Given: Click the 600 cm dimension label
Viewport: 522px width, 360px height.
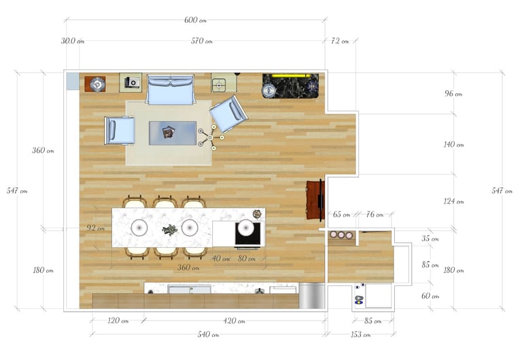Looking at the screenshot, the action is coord(196,20).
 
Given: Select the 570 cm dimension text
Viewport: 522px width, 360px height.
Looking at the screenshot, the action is coord(202,41).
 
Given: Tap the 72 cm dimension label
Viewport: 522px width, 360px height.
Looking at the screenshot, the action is coord(340,41).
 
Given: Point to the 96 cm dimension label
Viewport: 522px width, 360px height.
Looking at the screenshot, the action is coord(453,94).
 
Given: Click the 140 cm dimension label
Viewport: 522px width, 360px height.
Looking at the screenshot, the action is coord(453,145).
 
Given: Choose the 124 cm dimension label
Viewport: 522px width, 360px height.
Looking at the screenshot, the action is coord(453,201).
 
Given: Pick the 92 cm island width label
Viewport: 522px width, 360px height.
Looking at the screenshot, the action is coord(96,228).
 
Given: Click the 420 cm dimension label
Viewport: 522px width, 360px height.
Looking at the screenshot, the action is coord(234,321).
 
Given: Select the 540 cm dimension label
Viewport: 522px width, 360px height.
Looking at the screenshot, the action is coord(209,334).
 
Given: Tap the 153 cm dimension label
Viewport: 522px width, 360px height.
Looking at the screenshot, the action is coord(360,334).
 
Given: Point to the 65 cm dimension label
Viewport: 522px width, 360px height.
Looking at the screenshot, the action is coord(341,215).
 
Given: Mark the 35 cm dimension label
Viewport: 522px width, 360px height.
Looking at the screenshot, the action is coord(430,238).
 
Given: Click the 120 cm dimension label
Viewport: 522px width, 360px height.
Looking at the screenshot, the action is coord(118,321).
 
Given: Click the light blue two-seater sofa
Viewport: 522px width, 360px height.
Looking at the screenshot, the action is coord(170,90).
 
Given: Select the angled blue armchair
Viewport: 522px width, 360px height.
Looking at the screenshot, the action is coord(228,114).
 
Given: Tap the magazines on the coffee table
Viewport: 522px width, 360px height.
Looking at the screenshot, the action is coord(168,132).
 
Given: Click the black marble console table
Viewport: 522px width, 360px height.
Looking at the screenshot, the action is coord(290,86).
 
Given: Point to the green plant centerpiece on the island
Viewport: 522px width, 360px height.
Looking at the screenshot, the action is coord(170,230).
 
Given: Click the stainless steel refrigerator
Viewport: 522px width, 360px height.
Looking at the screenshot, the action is coord(311,295).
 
